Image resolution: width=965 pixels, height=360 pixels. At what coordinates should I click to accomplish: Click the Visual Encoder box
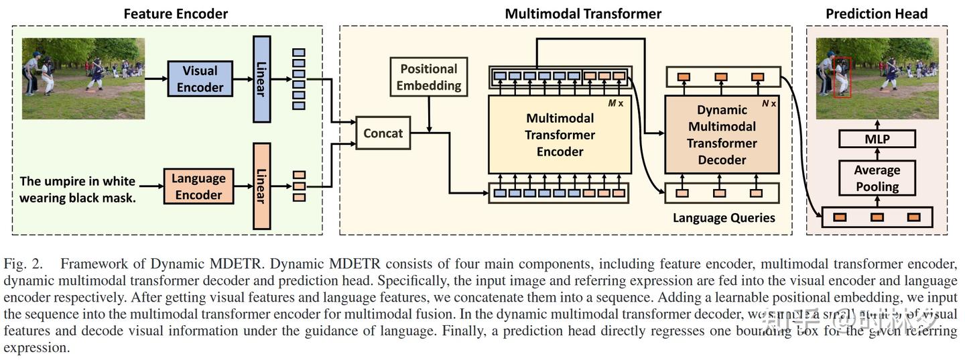pyautogui.click(x=200, y=79)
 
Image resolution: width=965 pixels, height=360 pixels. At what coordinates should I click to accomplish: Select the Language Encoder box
pyautogui.click(x=198, y=186)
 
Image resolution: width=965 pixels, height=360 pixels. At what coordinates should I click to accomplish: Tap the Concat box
pyautogui.click(x=383, y=133)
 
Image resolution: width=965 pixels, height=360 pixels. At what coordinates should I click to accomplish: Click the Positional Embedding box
pyautogui.click(x=428, y=76)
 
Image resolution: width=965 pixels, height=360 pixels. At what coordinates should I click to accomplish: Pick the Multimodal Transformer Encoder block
pyautogui.click(x=560, y=135)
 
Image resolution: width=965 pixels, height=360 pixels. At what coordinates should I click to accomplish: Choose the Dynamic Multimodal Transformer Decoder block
pyautogui.click(x=722, y=135)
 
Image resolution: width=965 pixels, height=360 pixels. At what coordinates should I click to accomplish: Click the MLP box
pyautogui.click(x=877, y=139)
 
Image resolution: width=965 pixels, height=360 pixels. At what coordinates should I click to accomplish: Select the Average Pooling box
pyautogui.click(x=877, y=178)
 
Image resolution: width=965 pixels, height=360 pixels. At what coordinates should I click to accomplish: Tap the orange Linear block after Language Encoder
pyautogui.click(x=261, y=186)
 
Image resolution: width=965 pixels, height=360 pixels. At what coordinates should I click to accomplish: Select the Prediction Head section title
pyautogui.click(x=877, y=13)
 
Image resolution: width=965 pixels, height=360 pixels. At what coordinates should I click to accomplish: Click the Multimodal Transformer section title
pyautogui.click(x=582, y=13)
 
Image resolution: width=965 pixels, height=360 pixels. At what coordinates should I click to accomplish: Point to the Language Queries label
pyautogui.click(x=724, y=218)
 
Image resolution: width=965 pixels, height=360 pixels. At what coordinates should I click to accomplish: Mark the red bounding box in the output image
pyautogui.click(x=842, y=77)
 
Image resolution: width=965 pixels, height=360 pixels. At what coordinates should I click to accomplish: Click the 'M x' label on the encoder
pyautogui.click(x=616, y=104)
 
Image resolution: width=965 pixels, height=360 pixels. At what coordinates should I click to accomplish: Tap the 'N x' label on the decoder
pyautogui.click(x=769, y=104)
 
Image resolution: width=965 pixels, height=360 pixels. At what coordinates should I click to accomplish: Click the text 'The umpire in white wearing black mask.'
pyautogui.click(x=78, y=189)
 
